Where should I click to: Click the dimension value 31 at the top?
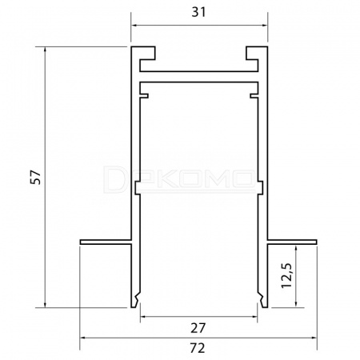tap(198, 12)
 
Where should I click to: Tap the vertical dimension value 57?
tap(35, 178)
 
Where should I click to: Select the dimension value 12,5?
tap(287, 275)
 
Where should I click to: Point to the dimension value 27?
tap(198, 328)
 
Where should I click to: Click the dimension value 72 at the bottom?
tap(198, 348)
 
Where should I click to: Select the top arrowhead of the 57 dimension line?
tap(45, 50)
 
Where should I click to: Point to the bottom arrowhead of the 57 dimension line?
tap(45, 303)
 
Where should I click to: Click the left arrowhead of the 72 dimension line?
tap(84, 338)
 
